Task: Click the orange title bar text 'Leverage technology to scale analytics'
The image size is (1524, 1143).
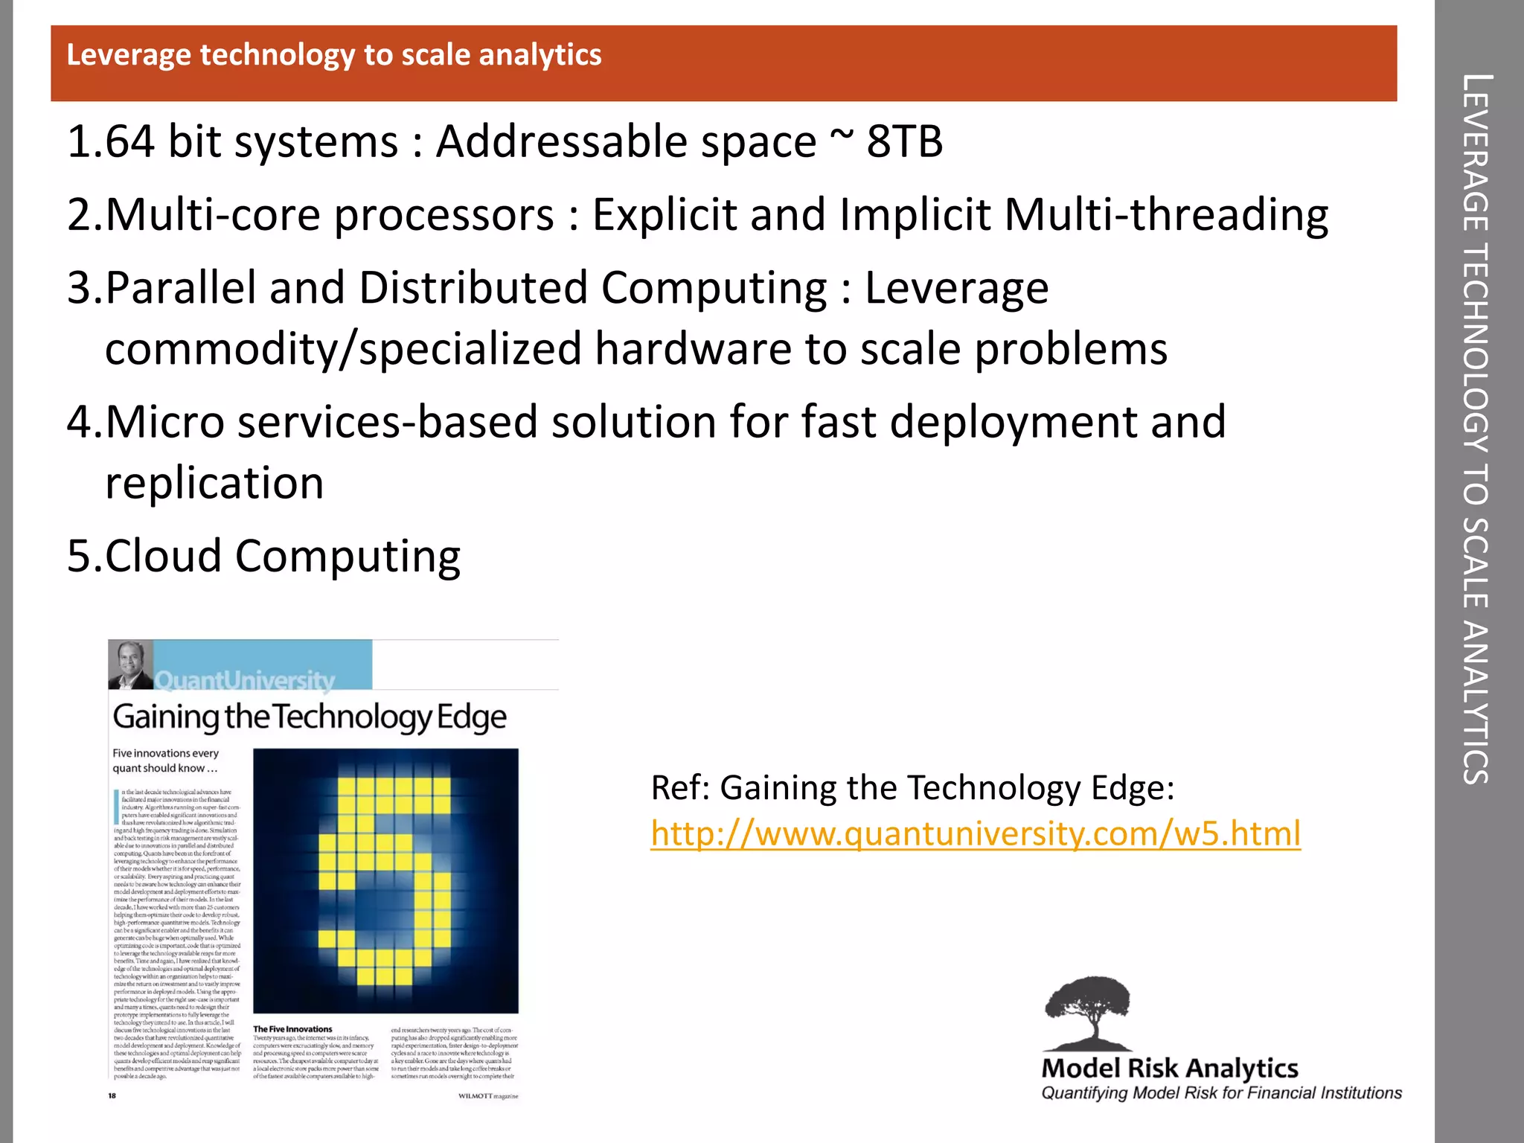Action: (334, 55)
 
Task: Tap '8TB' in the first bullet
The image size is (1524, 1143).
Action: (905, 141)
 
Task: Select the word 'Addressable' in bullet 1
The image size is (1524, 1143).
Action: (626, 141)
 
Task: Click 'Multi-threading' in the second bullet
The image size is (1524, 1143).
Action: (1166, 215)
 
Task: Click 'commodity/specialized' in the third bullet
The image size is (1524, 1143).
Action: (343, 348)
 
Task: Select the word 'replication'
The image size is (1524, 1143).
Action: (214, 483)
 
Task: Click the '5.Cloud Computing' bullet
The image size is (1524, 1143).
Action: (264, 556)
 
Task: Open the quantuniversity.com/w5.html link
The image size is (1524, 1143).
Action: (976, 833)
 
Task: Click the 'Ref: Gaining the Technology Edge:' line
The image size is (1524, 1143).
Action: (912, 787)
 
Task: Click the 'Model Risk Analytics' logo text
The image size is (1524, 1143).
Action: (1170, 1068)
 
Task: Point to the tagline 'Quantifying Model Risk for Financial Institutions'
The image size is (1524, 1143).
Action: (1221, 1093)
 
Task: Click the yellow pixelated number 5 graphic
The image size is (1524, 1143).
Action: (385, 880)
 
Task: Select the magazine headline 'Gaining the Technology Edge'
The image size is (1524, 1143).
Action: (310, 717)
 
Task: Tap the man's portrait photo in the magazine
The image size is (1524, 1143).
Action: (130, 665)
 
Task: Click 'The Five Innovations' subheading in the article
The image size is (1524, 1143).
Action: (292, 1029)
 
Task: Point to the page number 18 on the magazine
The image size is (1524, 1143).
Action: (112, 1095)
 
